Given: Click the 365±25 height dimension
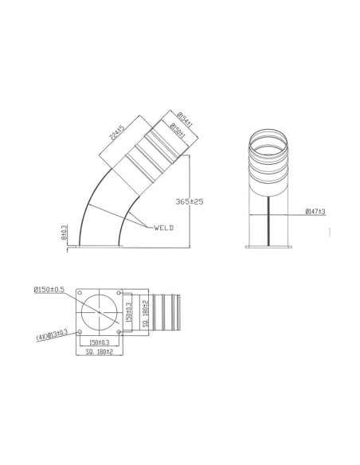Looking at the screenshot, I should tap(188, 201).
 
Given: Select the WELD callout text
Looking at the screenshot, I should tap(163, 228).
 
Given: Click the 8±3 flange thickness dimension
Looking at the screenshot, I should tap(65, 232).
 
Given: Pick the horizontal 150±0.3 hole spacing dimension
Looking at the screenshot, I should tap(100, 342).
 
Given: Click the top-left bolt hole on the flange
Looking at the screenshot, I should tap(80, 293).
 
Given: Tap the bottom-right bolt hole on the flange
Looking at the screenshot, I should tap(119, 332).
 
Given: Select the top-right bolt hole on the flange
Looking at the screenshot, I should tap(119, 293).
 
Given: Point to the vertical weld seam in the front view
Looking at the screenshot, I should tap(272, 223).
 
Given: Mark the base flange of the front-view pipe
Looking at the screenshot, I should tap(272, 248).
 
